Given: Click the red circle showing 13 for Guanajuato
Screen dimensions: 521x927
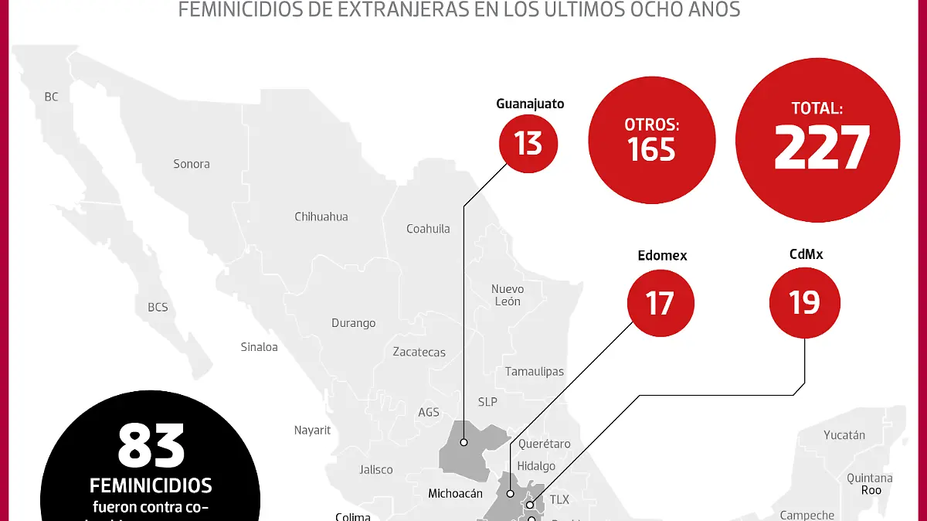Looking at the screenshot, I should point(528,143).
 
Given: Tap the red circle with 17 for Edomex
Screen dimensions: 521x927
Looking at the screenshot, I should point(660,302).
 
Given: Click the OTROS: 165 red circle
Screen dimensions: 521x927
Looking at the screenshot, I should point(651,139).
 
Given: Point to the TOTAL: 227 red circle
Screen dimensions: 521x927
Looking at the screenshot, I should point(817,139).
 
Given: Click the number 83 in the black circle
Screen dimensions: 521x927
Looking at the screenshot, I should point(151,446).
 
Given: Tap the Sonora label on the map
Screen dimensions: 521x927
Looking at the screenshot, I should point(192,164).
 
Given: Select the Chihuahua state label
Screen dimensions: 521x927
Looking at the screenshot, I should point(321,216).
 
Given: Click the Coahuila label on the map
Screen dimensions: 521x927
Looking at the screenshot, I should point(428,229).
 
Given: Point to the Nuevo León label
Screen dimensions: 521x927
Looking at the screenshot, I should point(508,295).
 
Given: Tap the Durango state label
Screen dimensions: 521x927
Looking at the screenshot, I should point(354,323).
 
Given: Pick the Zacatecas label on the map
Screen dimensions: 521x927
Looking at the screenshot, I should point(419,352).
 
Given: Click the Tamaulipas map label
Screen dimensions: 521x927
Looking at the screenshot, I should point(535,372).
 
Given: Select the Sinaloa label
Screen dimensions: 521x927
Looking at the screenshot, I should point(259,347).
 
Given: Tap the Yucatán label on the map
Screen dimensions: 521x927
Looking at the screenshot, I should point(844,435).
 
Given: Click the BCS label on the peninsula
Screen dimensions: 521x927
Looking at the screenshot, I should point(158,308).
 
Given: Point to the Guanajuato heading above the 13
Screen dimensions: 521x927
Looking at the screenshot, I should point(530,104).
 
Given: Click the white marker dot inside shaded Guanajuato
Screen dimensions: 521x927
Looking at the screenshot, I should point(463,443).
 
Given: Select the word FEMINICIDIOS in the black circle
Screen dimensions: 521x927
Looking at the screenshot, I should point(151,485).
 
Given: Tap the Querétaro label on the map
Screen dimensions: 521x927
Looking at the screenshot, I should point(545,444).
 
